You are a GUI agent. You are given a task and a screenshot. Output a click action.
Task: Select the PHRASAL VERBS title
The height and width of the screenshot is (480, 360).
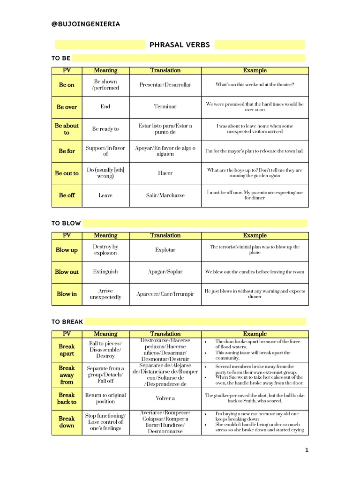coord(180,45)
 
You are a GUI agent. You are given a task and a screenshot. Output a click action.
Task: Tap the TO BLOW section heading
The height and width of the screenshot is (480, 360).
coord(66,223)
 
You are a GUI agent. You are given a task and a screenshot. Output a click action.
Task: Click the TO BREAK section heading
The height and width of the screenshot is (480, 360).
coord(67,322)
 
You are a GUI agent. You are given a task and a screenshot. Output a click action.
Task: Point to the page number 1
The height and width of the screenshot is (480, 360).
coord(307,450)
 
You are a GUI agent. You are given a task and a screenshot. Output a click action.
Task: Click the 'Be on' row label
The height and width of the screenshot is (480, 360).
coord(67,85)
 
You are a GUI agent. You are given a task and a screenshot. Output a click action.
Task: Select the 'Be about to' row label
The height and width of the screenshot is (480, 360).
coord(67,129)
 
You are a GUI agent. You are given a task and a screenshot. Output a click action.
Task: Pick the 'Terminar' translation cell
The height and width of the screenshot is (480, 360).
coord(165,107)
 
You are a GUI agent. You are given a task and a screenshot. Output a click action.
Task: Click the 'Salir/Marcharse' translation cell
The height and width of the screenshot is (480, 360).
coord(165,195)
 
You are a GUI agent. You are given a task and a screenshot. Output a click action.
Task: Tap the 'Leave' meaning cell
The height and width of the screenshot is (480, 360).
coord(105,195)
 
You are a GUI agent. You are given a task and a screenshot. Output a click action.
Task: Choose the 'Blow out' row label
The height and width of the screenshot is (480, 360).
coord(67,272)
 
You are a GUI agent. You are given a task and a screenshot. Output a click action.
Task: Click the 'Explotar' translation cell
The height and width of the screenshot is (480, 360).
coord(165,250)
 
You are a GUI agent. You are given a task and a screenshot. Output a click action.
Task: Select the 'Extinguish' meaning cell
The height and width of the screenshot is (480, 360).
coord(105,272)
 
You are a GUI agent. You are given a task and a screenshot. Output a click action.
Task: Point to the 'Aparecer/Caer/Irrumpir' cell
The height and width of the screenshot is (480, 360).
coord(165,294)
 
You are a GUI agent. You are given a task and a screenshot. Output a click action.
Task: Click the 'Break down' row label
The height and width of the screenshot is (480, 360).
coord(67,422)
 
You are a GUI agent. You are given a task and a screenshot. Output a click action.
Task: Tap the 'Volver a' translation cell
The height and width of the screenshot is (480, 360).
coord(165,398)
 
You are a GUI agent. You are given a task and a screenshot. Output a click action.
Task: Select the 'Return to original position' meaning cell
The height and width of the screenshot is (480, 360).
coord(105,398)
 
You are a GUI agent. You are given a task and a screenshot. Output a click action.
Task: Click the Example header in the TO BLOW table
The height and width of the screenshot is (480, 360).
coord(255,235)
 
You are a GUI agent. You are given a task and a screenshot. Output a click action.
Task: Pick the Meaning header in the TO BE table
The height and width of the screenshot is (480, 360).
coord(105,70)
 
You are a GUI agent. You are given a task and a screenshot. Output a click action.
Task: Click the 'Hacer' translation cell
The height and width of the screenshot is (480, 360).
coord(165,173)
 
